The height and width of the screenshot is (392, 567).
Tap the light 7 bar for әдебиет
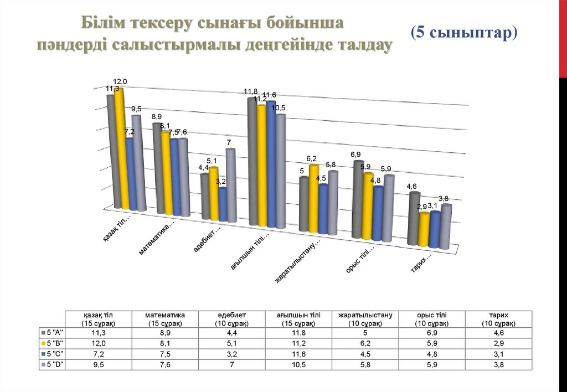(x=230, y=185)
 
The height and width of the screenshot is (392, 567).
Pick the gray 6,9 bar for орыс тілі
(x=358, y=199)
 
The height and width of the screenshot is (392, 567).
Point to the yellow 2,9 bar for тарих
(x=424, y=230)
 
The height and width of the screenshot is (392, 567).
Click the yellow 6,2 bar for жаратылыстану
(x=313, y=199)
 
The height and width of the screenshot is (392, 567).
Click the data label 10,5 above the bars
(x=278, y=107)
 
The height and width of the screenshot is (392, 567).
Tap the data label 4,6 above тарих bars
(x=411, y=187)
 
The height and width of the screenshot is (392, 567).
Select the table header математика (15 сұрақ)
(x=165, y=318)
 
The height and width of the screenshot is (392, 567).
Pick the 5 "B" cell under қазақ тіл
(x=98, y=343)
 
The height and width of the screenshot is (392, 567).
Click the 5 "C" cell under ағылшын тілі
(x=299, y=354)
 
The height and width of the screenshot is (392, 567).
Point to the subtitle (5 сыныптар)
(x=464, y=33)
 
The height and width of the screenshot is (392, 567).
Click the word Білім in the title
(x=103, y=24)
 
